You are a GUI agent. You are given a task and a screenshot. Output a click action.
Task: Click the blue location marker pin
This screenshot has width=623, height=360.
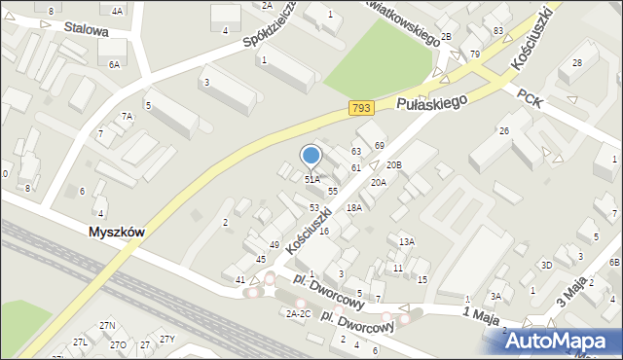click(311, 156)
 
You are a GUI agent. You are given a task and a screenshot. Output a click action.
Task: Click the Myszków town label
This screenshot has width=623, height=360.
click(116, 233)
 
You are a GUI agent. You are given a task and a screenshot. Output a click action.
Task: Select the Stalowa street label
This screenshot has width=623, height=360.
click(86, 30)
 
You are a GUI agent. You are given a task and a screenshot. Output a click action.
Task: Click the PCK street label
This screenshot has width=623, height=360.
click(529, 99)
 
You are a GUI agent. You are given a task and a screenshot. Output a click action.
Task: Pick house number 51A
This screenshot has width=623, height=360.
click(312, 180)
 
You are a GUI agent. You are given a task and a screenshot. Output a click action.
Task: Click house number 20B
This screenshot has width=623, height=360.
click(393, 165)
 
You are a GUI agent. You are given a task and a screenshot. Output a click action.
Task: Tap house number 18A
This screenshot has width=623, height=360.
click(354, 207)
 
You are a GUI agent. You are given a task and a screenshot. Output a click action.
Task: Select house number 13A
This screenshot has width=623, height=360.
click(407, 241)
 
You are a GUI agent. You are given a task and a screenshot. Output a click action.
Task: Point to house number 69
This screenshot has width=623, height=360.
click(380, 146)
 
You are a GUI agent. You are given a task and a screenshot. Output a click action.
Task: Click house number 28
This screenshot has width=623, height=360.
click(577, 63)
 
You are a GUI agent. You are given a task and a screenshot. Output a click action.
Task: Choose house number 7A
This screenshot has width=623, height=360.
click(127, 117)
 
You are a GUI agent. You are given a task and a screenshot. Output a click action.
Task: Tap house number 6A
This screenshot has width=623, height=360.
click(114, 64)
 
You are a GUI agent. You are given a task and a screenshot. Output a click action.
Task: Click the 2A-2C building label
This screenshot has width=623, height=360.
click(298, 313)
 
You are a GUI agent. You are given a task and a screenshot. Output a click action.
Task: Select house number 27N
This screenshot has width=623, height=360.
click(107, 325)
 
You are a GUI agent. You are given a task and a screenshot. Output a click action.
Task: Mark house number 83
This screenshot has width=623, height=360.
click(498, 32)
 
